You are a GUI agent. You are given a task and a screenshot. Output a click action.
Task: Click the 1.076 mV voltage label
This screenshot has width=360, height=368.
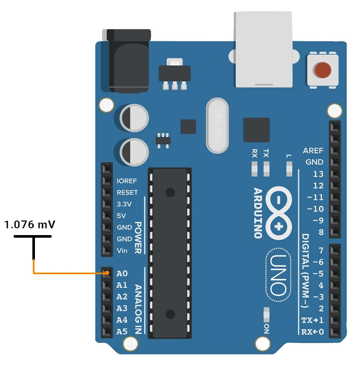coord(30,225)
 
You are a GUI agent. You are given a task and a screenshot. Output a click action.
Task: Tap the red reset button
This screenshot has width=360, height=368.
coord(323,69)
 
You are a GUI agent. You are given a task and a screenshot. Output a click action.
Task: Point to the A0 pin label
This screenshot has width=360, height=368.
coord(122,273)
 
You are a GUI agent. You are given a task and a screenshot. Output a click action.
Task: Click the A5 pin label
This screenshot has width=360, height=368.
coord(122,332)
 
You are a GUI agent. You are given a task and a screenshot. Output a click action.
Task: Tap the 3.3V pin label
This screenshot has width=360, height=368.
coord(125,204)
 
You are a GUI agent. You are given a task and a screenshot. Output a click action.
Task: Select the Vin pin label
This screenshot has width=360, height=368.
coord(123,251)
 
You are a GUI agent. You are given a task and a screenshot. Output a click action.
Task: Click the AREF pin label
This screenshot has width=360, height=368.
coord(314,151)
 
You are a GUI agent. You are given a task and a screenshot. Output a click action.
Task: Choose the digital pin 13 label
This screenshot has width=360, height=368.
coord(318,174)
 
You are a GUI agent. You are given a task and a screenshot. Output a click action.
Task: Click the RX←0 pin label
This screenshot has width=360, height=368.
coord(313,332)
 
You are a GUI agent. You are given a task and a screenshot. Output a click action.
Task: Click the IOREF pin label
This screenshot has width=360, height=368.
coord(127,181)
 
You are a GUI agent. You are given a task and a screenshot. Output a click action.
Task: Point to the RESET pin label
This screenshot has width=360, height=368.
coord(127,193)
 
